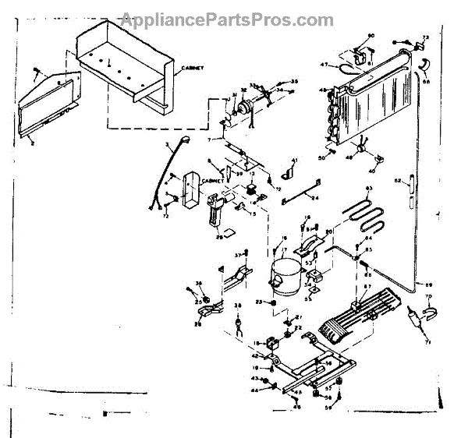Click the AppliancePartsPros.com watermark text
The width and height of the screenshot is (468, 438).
[226, 19]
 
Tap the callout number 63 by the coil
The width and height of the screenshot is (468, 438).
[370, 189]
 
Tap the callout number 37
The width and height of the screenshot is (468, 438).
[237, 255]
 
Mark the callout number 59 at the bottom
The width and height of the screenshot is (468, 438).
[328, 406]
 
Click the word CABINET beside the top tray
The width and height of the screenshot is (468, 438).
[193, 69]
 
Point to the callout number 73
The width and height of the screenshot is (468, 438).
[426, 37]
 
